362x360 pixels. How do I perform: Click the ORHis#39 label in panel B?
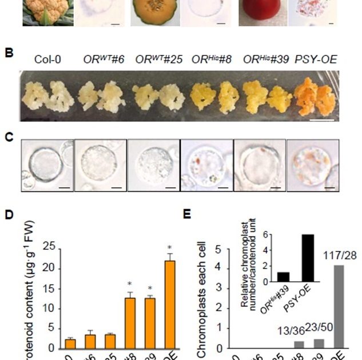pyautogui.click(x=262, y=59)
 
